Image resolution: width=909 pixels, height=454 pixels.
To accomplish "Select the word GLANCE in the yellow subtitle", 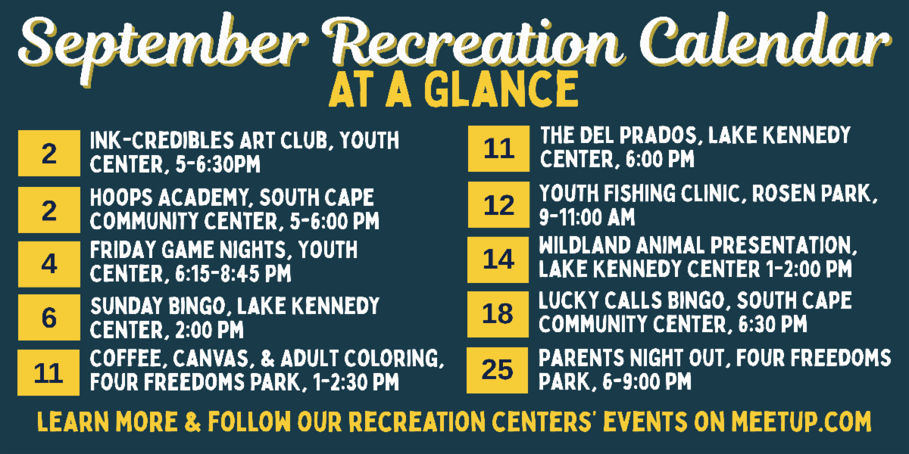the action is coord(501,89).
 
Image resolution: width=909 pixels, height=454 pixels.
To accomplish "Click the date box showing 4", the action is coord(49,264).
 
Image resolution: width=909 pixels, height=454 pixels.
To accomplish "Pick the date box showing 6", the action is coord(49,317).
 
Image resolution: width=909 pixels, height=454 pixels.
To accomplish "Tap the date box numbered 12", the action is coord(498,205).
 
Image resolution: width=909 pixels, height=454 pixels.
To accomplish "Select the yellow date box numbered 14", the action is coord(498,260).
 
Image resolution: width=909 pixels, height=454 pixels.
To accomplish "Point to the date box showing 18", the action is coord(498,314).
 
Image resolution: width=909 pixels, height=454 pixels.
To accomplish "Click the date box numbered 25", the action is coord(498,370).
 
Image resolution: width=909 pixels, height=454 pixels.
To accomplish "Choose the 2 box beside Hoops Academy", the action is coord(49,210).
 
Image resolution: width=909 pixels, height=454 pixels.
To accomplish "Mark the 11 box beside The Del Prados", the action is coord(498,149).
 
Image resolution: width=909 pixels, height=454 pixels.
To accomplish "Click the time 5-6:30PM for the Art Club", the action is coord(218,165).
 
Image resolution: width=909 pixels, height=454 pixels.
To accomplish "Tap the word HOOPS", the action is coord(121,197).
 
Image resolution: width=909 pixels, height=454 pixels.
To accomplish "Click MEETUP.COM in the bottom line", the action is coord(801,421).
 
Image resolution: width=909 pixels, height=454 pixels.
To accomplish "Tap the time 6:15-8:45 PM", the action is coord(233,274).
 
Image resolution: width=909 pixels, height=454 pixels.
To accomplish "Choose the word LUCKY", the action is coord(568,301).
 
